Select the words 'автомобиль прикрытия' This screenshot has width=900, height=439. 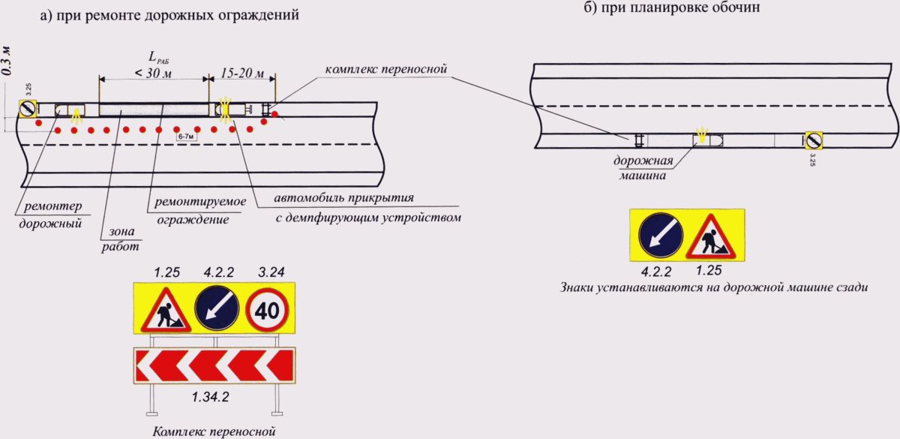[x=344, y=199]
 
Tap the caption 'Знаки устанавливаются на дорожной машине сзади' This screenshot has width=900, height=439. [x=713, y=287]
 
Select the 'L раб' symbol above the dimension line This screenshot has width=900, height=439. [x=156, y=56]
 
